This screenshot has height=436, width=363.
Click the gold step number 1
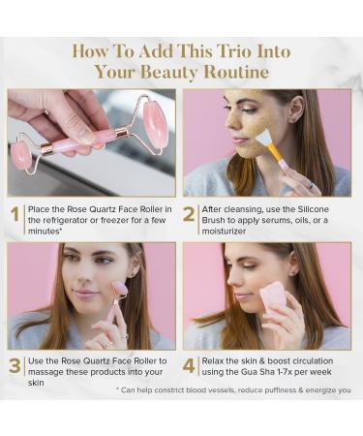pyautogui.click(x=15, y=213)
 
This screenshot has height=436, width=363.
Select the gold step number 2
pyautogui.click(x=190, y=213)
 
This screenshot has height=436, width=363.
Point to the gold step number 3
pyautogui.click(x=15, y=365)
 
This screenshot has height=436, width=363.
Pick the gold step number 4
pyautogui.click(x=190, y=365)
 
